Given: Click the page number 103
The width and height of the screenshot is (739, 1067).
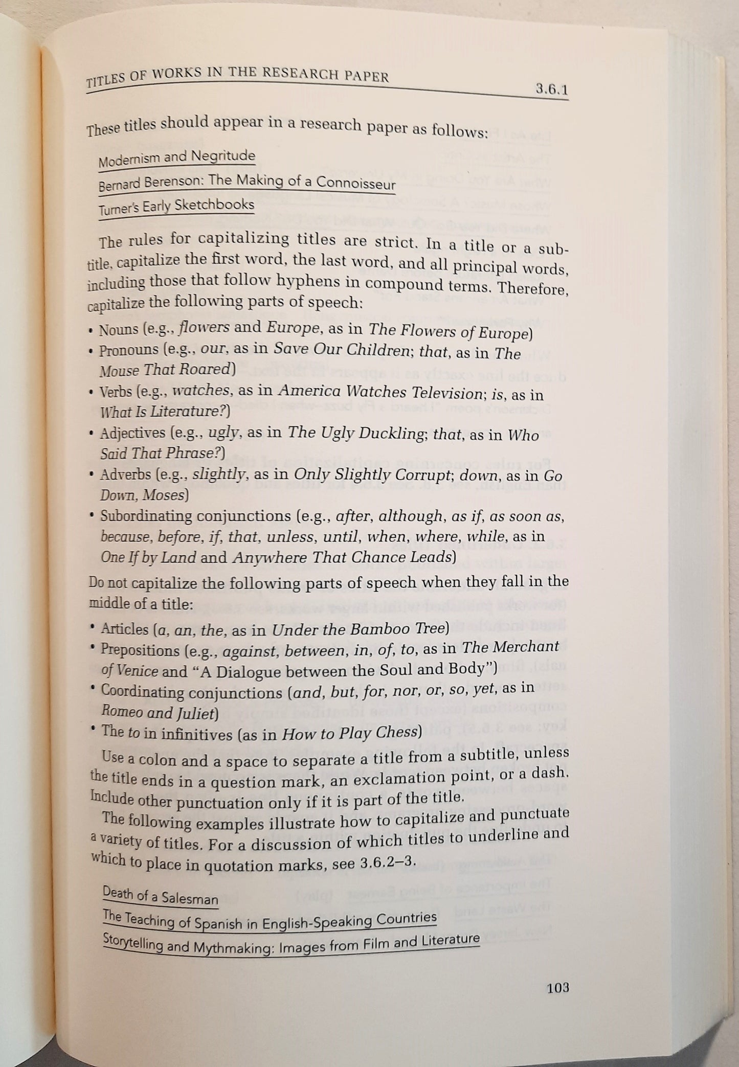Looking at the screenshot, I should [558, 988].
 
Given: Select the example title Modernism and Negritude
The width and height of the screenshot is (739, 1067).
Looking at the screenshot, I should [176, 158].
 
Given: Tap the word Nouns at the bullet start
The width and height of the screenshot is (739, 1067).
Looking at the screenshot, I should [119, 329].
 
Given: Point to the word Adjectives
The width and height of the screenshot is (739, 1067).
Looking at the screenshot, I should [132, 434].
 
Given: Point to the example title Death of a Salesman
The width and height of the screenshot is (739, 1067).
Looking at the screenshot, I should [160, 896].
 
